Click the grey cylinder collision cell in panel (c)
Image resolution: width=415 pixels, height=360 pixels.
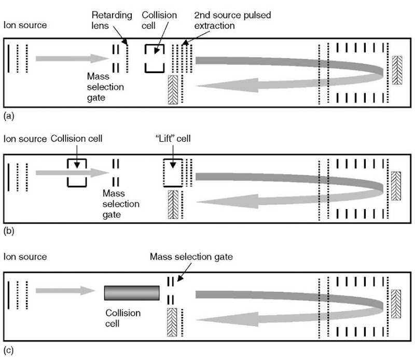[132, 293]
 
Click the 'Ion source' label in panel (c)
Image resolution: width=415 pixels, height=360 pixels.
[25, 256]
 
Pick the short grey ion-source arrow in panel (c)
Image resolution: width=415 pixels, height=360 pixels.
[65, 291]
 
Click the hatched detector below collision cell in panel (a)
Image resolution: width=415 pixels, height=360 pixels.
[173, 90]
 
